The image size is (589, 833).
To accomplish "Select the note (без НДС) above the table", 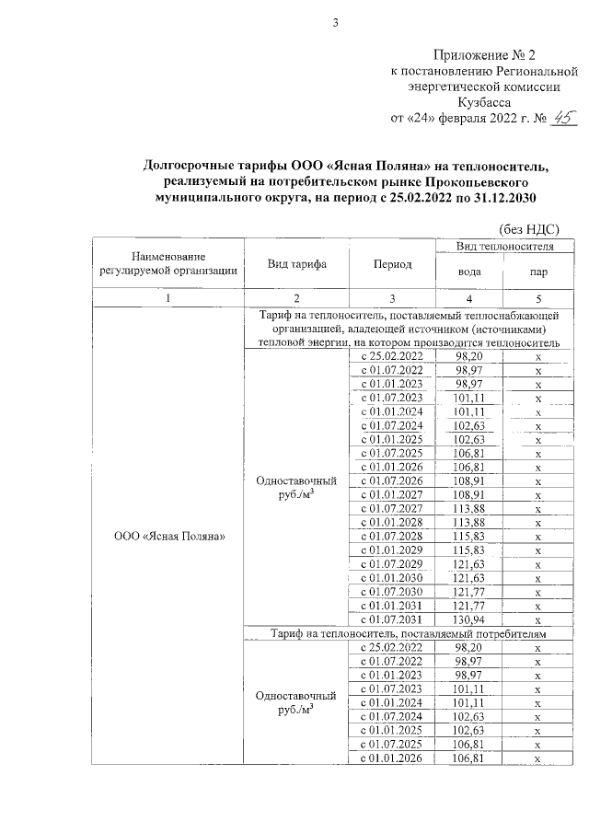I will pos(529,228).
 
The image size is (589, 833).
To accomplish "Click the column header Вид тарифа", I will pos(297,264).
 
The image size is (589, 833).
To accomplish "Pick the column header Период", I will pos(392,264).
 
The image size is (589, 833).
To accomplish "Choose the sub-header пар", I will pos(537,272).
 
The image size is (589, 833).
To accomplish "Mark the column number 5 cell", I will pos(537,297).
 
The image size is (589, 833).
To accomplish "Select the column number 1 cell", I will pos(167,297).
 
